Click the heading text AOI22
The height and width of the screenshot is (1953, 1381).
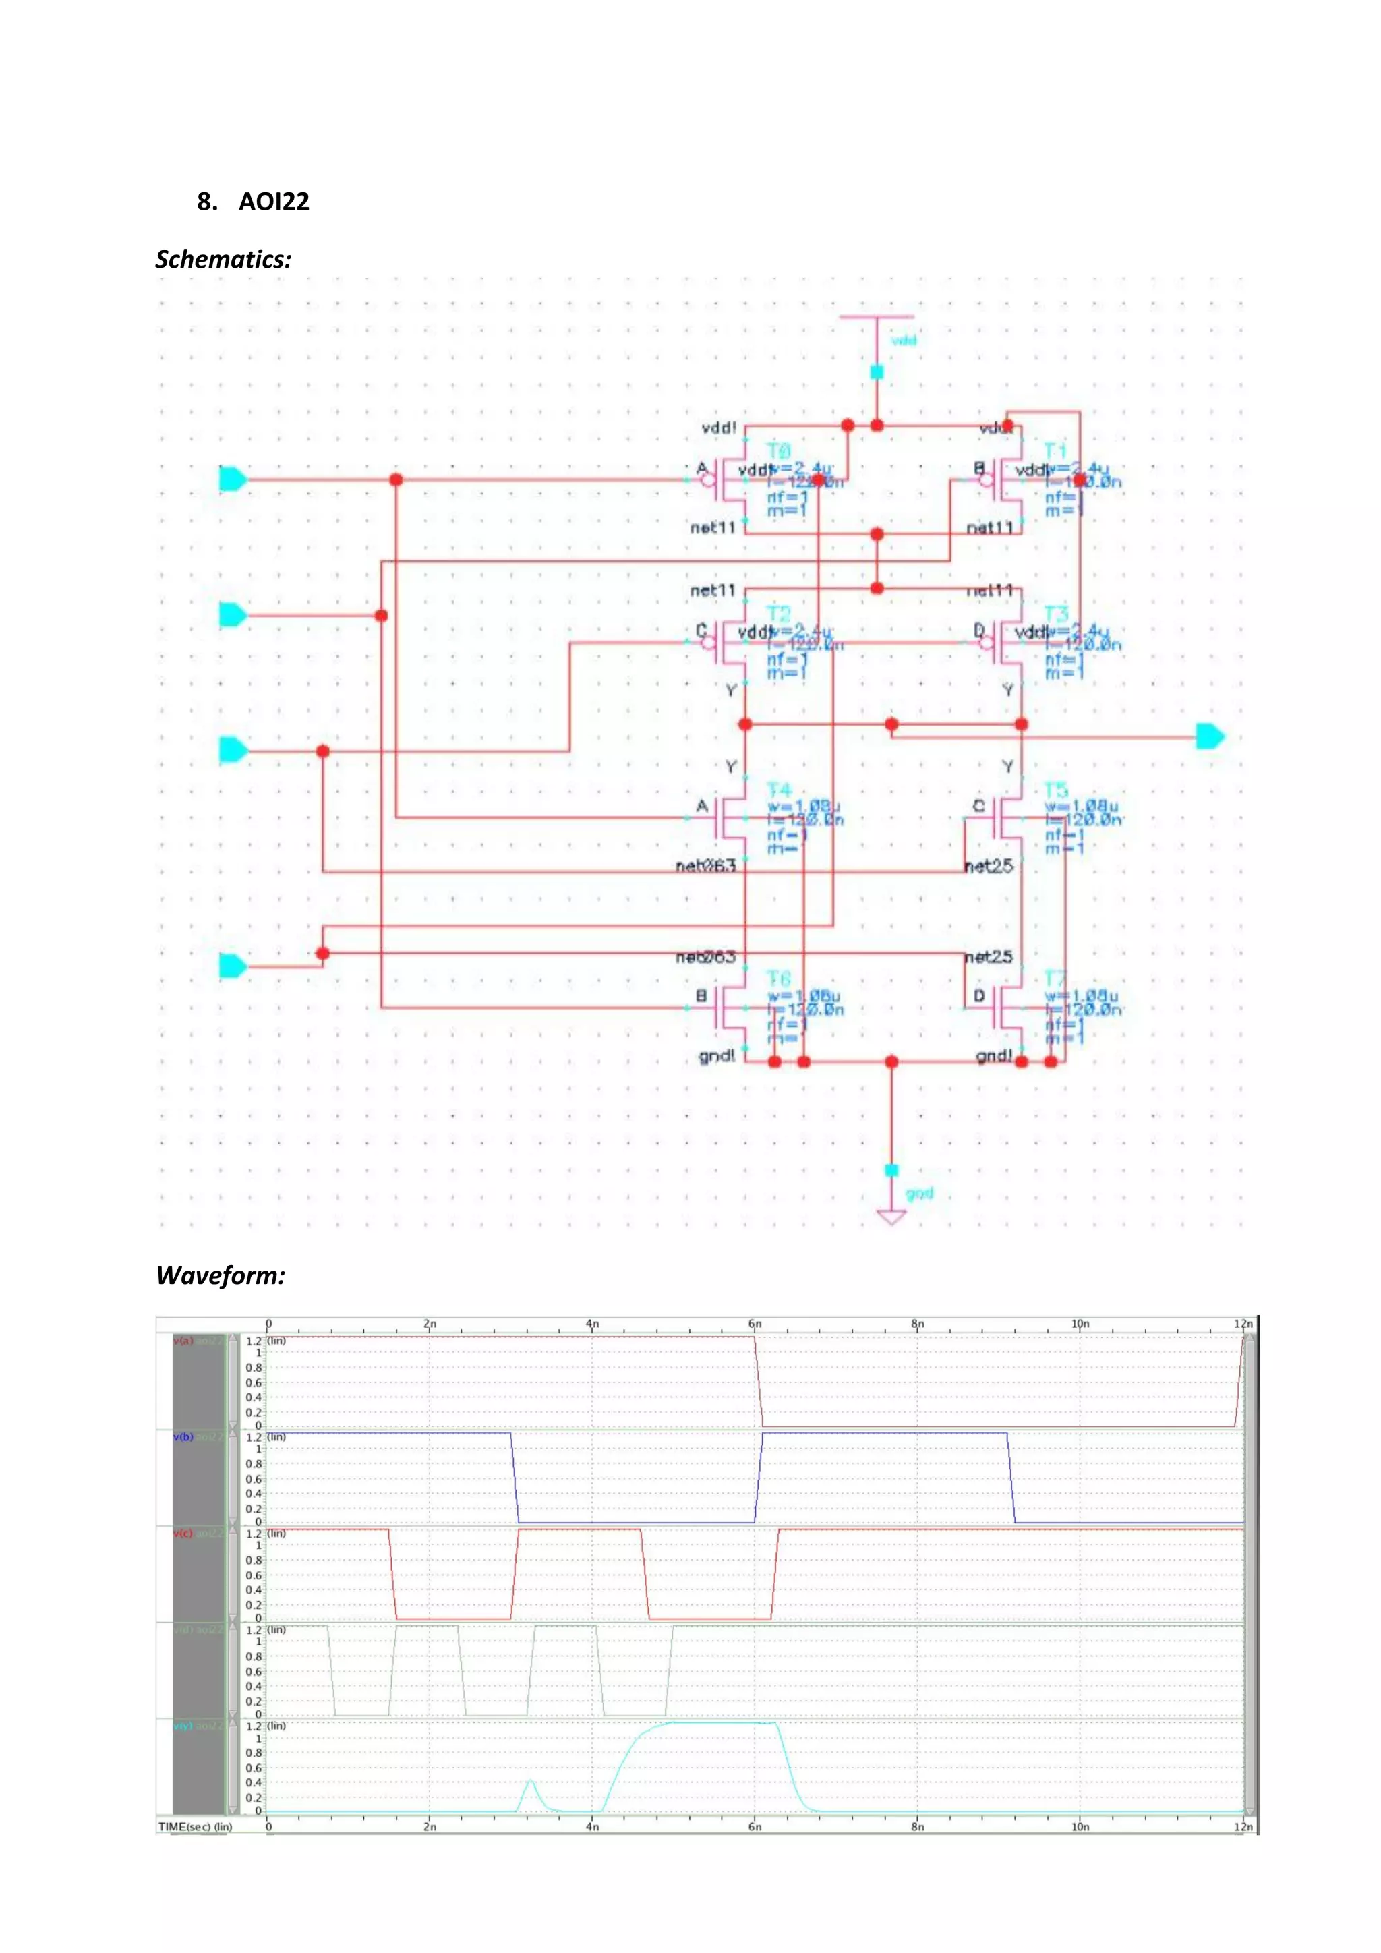(273, 202)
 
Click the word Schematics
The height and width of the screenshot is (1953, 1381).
(223, 260)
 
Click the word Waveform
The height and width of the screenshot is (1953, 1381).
(221, 1276)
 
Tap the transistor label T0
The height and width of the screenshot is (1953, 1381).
(778, 450)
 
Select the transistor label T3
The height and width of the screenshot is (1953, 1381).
(1055, 613)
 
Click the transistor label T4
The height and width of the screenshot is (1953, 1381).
(779, 790)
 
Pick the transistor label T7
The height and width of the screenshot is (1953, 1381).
(1055, 979)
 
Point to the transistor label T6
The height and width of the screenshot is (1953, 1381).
(779, 979)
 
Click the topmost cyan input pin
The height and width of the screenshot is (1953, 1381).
(232, 479)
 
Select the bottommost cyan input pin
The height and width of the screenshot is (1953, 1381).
(232, 966)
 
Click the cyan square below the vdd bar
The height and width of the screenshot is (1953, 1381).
(877, 372)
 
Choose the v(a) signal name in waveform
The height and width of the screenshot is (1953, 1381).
(183, 1341)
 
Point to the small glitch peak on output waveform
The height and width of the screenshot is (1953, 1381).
(531, 1780)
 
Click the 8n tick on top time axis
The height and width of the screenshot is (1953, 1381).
(918, 1324)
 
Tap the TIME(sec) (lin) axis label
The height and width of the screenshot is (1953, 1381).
(196, 1826)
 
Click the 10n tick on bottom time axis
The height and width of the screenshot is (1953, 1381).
(1080, 1826)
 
